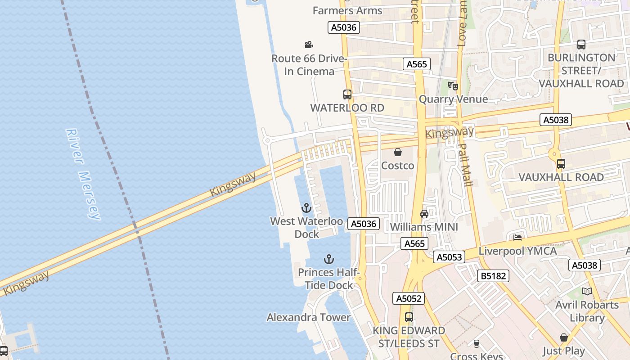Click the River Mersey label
pos(82,175)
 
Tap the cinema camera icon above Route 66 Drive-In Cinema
pos(309,45)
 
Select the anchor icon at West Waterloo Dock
pos(306,208)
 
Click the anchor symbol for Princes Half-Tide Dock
pos(329,259)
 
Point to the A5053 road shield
pos(448,257)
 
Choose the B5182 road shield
pos(493,275)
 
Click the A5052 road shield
pos(409,298)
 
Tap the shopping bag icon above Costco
pos(397,152)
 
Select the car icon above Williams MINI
pos(424,213)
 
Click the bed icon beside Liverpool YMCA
pos(517,237)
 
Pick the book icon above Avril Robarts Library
pos(587,291)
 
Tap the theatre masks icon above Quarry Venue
pos(453,85)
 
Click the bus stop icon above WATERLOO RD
pos(347,94)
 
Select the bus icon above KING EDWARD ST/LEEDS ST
pos(409,317)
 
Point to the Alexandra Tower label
pos(308,317)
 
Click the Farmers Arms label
pos(347,10)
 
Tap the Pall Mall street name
pos(465,165)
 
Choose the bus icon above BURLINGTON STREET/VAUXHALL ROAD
pos(581,45)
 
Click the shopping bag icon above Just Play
pos(563,337)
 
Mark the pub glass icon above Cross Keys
pos(477,344)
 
